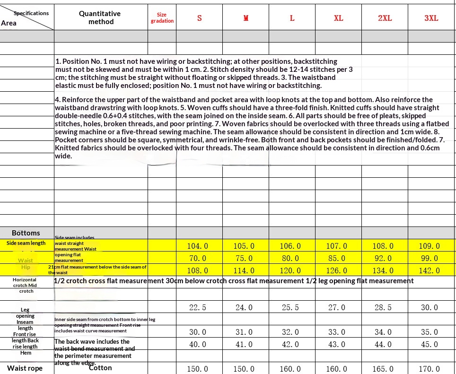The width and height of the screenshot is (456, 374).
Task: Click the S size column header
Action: pyautogui.click(x=199, y=18)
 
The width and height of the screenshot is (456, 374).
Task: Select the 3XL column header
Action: pyautogui.click(x=431, y=18)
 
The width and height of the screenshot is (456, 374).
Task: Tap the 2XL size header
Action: pyautogui.click(x=385, y=18)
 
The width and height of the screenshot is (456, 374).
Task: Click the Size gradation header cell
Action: pyautogui.click(x=162, y=18)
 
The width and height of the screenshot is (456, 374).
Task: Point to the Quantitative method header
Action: pyautogui.click(x=100, y=17)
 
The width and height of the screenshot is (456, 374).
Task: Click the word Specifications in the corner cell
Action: pyautogui.click(x=31, y=13)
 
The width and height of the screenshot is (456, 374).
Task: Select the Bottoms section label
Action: pyautogui.click(x=26, y=233)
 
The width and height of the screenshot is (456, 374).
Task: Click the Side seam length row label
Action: pyautogui.click(x=26, y=243)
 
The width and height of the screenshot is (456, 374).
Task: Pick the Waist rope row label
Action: pyautogui.click(x=25, y=368)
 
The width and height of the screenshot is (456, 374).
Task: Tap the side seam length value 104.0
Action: pyautogui.click(x=198, y=246)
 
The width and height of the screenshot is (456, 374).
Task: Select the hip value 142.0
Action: pyautogui.click(x=430, y=270)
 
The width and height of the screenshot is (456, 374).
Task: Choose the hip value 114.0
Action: pyautogui.click(x=244, y=270)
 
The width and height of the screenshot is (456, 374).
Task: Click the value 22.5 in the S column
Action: pyautogui.click(x=198, y=307)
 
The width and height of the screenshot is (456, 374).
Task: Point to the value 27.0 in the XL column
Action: pyautogui.click(x=337, y=307)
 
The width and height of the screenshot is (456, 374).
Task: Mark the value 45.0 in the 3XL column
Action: pyautogui.click(x=430, y=344)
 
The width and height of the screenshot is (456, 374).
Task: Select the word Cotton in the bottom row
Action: pyautogui.click(x=100, y=368)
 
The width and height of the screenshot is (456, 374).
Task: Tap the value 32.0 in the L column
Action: pyautogui.click(x=290, y=332)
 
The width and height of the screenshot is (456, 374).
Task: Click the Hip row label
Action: pyautogui.click(x=26, y=267)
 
